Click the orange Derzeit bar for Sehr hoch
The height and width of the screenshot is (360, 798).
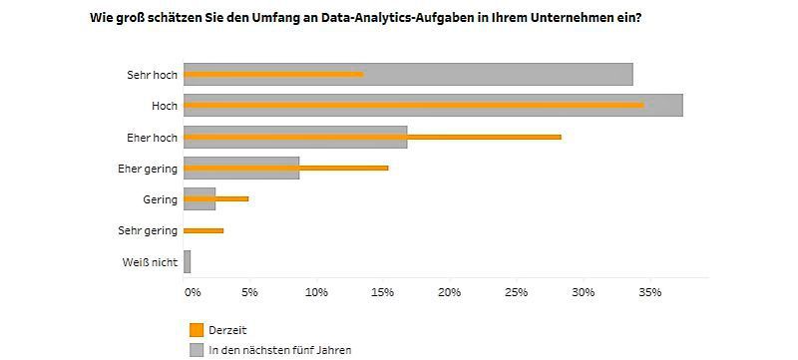pyautogui.click(x=273, y=74)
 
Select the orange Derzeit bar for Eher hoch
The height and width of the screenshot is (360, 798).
pyautogui.click(x=372, y=137)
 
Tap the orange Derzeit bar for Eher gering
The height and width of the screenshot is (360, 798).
pyautogui.click(x=285, y=168)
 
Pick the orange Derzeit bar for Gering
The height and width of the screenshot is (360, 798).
pyautogui.click(x=215, y=198)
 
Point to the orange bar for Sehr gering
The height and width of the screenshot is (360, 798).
pyautogui.click(x=203, y=230)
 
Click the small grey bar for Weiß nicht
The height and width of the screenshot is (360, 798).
pyautogui.click(x=187, y=261)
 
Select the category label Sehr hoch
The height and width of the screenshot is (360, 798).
pyautogui.click(x=152, y=75)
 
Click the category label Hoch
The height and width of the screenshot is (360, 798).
pyautogui.click(x=164, y=106)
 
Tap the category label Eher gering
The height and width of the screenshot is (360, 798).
pyautogui.click(x=147, y=169)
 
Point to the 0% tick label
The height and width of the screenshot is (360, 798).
pyautogui.click(x=193, y=292)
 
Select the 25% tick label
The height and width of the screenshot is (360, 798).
pyautogui.click(x=516, y=292)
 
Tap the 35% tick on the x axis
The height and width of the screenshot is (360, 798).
pyautogui.click(x=649, y=292)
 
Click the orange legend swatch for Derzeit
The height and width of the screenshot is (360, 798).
pyautogui.click(x=196, y=330)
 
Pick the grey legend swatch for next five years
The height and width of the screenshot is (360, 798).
pyautogui.click(x=196, y=349)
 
